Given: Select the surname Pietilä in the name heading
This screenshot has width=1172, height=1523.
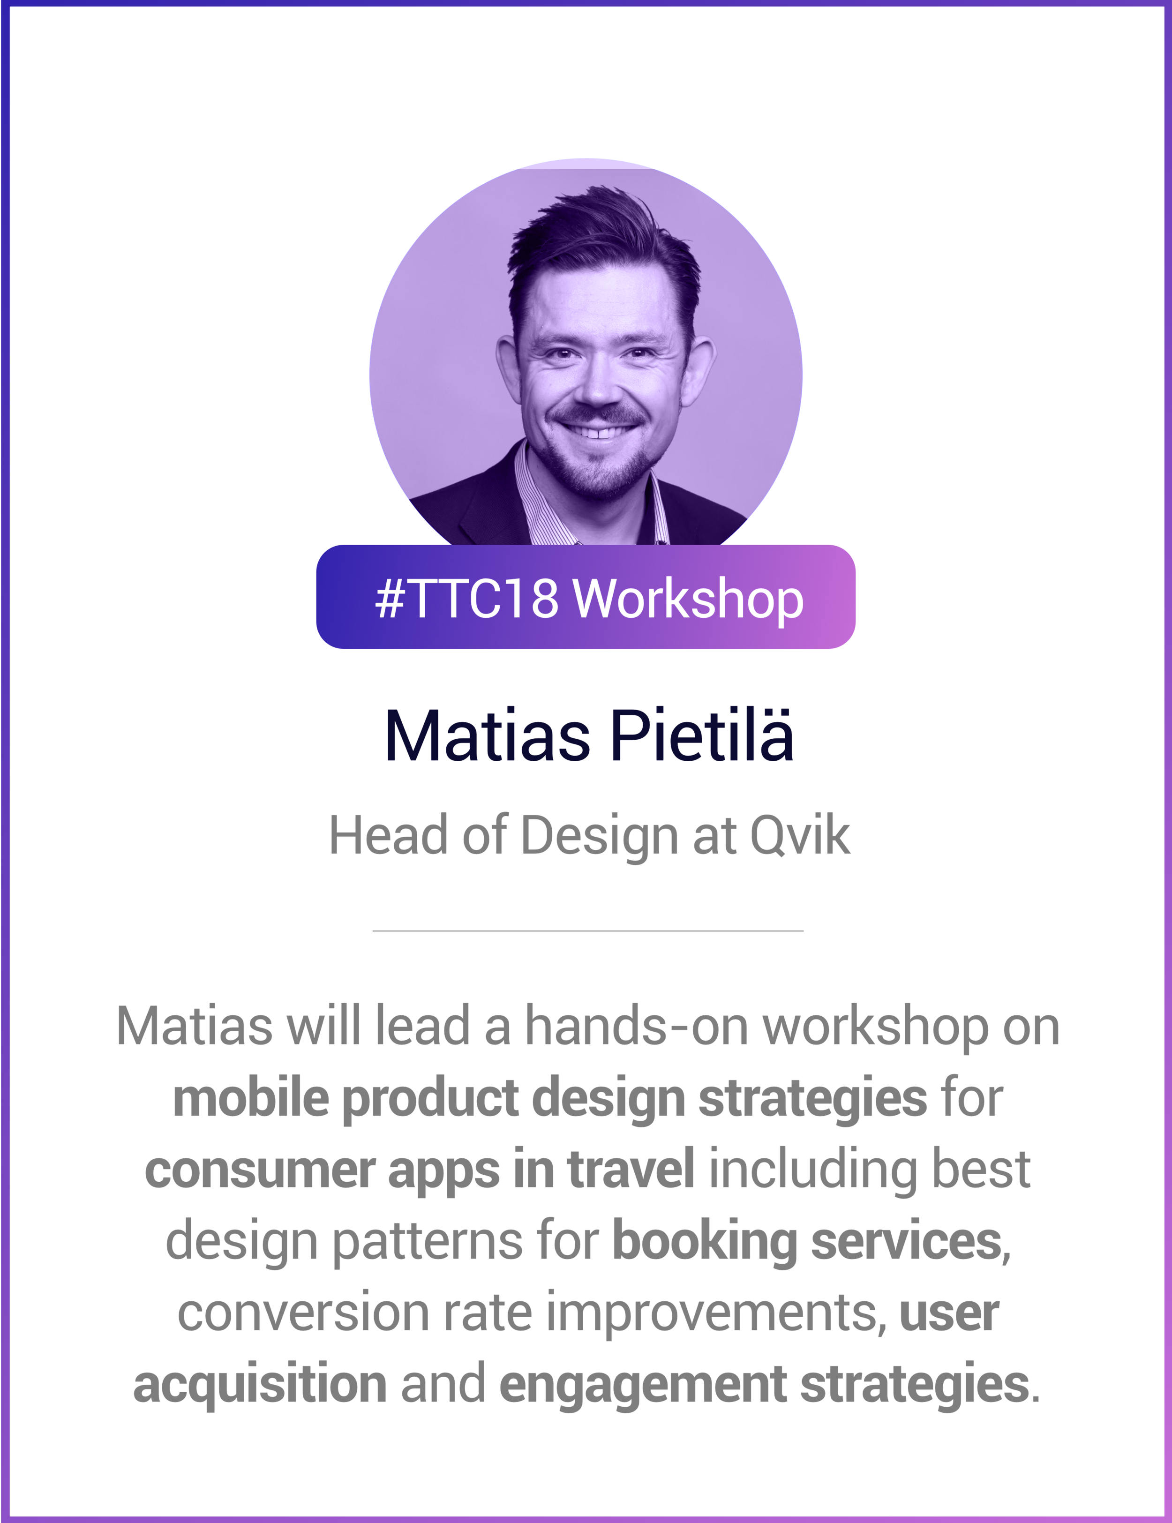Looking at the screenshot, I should tap(701, 735).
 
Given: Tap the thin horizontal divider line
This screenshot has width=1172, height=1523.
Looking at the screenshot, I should tap(588, 931).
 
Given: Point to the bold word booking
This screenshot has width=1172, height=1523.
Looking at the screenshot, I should tap(704, 1241).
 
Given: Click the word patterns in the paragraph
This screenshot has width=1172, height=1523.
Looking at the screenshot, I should tap(427, 1242).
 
